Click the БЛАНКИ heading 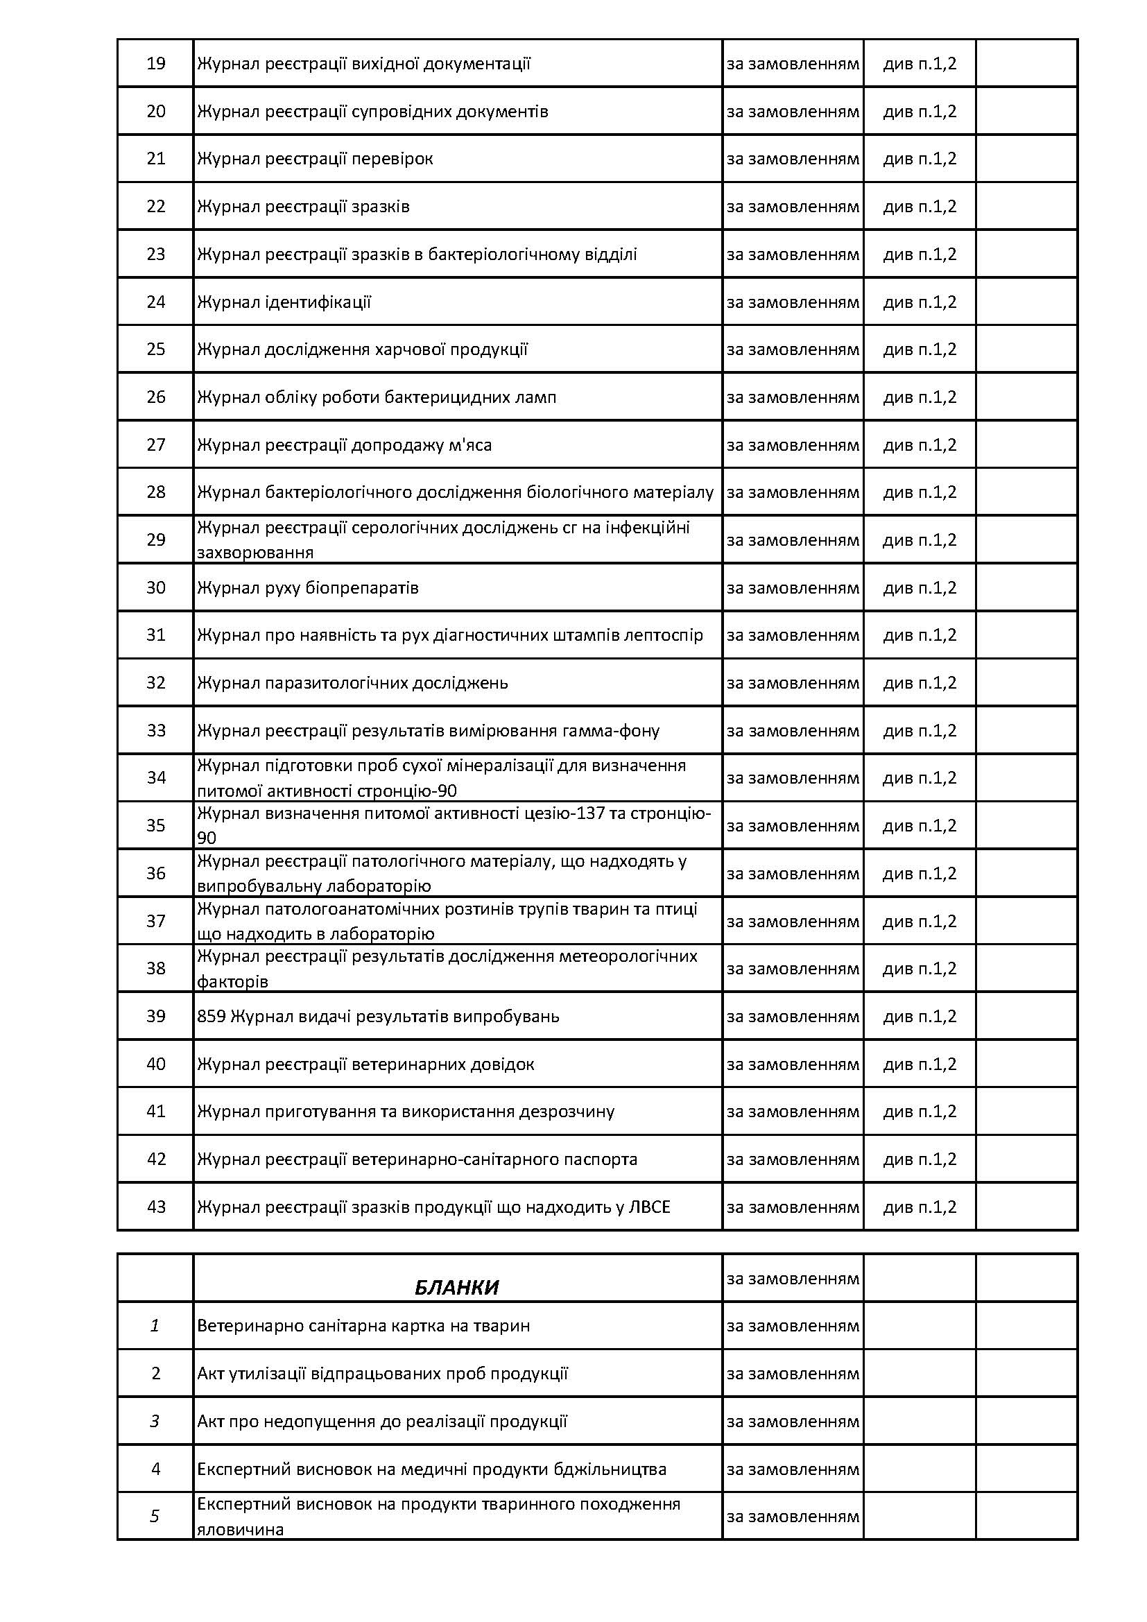tap(456, 1288)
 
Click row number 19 tap(155, 64)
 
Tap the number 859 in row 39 tap(211, 1016)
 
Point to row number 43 tap(155, 1207)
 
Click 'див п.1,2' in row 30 tap(920, 588)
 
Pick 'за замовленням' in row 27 tap(793, 445)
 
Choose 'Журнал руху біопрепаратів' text tap(307, 588)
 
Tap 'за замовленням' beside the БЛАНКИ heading tap(793, 1279)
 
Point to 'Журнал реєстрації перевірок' tap(314, 159)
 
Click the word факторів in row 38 tap(232, 981)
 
